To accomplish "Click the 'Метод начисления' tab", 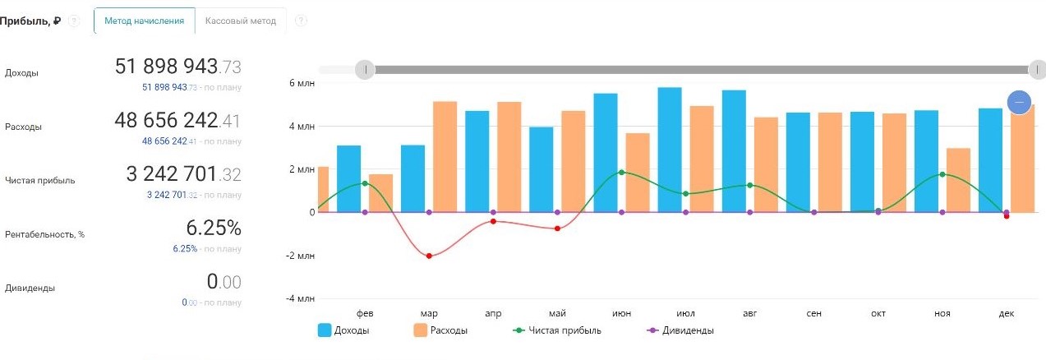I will coord(145,21).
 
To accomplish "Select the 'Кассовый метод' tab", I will coord(241,21).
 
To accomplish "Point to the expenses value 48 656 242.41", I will coord(177,121).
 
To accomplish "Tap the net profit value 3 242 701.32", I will coord(183,173).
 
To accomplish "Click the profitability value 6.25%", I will coord(213,228).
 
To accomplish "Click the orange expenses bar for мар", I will coord(445,156).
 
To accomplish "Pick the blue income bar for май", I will coord(541,169).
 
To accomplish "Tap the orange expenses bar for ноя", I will coord(958,180).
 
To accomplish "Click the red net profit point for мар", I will coord(429,256).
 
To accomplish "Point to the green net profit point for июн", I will coord(621,173).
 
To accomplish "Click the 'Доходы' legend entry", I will coord(343,330).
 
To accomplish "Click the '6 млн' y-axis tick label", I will coord(302,83).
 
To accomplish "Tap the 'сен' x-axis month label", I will coord(813,314).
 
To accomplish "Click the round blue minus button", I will coord(1019,102).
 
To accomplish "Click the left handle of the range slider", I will coord(365,70).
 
